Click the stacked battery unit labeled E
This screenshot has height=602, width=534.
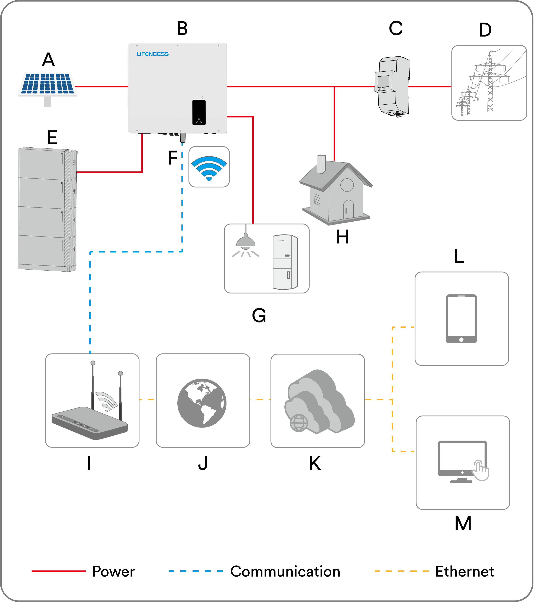tap(47, 209)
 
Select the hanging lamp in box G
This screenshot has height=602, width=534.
tap(245, 242)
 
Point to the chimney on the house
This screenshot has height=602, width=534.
tap(321, 164)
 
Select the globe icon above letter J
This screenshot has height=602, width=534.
tap(202, 403)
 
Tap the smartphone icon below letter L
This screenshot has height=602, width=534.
tap(461, 319)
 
